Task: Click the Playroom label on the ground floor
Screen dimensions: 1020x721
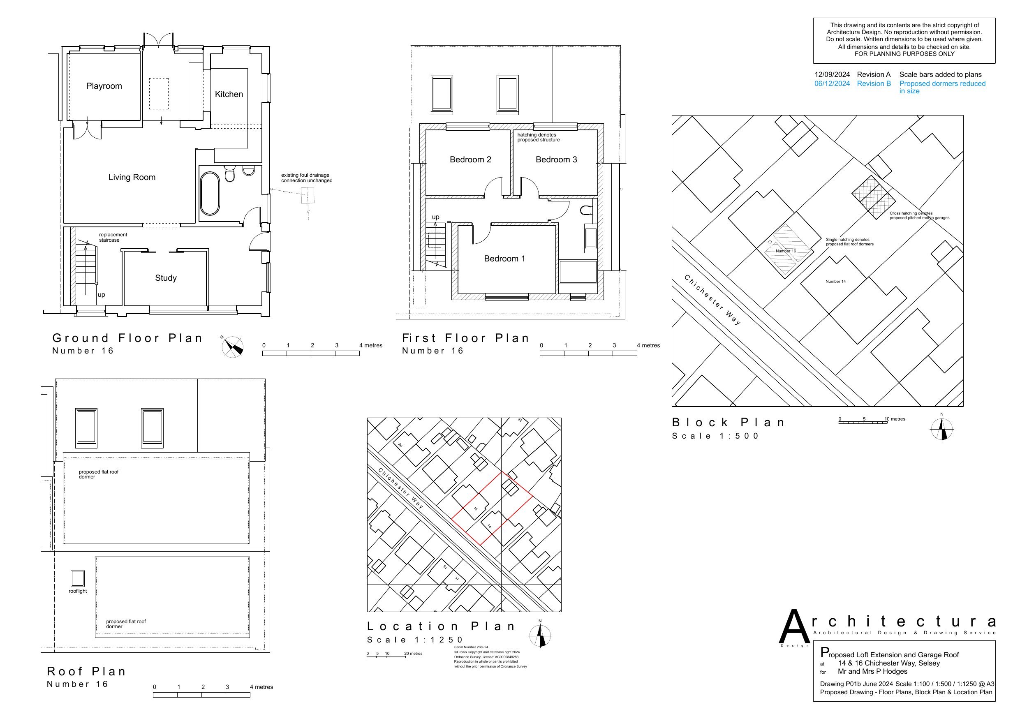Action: pos(104,86)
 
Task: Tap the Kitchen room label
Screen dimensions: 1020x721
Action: pos(229,94)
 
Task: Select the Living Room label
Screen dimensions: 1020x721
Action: pos(132,177)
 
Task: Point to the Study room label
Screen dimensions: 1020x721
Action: pos(166,278)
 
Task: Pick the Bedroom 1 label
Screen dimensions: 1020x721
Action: pos(505,259)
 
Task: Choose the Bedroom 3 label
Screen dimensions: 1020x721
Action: pos(556,159)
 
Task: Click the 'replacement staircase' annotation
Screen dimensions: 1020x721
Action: pos(113,237)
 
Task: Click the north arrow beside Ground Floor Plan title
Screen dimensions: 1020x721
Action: pos(233,347)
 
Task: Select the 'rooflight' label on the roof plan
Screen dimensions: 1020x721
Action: pos(78,591)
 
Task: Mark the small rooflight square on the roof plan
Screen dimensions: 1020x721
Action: pos(78,579)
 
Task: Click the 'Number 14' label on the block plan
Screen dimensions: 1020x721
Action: pos(836,281)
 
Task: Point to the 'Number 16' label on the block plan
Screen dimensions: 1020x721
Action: pos(786,251)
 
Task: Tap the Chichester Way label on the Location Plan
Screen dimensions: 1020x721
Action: pos(401,488)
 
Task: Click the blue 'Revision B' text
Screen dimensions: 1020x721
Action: pos(874,83)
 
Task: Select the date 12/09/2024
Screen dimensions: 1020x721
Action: pos(832,75)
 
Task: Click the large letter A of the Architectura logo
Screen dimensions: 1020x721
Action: pos(795,627)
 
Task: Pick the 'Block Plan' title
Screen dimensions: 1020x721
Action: pos(729,422)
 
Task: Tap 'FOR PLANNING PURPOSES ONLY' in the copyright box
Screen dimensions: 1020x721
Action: pos(904,54)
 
